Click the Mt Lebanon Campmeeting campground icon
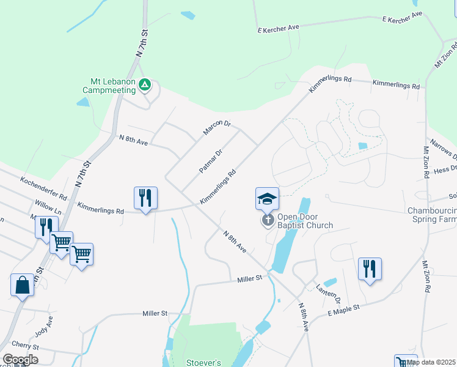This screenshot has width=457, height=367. pos(145,84)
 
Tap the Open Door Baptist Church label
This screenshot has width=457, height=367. pos(305,221)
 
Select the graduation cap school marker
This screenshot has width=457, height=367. pos(267,198)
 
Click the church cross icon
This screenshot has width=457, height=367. pos(268,220)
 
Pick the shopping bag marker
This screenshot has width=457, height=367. pos(22,285)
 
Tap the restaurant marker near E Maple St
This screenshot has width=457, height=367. pos(370,269)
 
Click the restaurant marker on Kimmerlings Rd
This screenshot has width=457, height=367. pos(145,198)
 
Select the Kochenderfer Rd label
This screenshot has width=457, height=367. pos(43,188)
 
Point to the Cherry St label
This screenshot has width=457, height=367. pos(24,346)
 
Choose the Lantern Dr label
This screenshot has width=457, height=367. pos(328,294)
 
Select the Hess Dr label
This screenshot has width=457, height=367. pos(445,169)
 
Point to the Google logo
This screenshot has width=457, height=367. pos(20,360)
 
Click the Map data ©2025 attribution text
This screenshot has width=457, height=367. pos(431,362)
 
